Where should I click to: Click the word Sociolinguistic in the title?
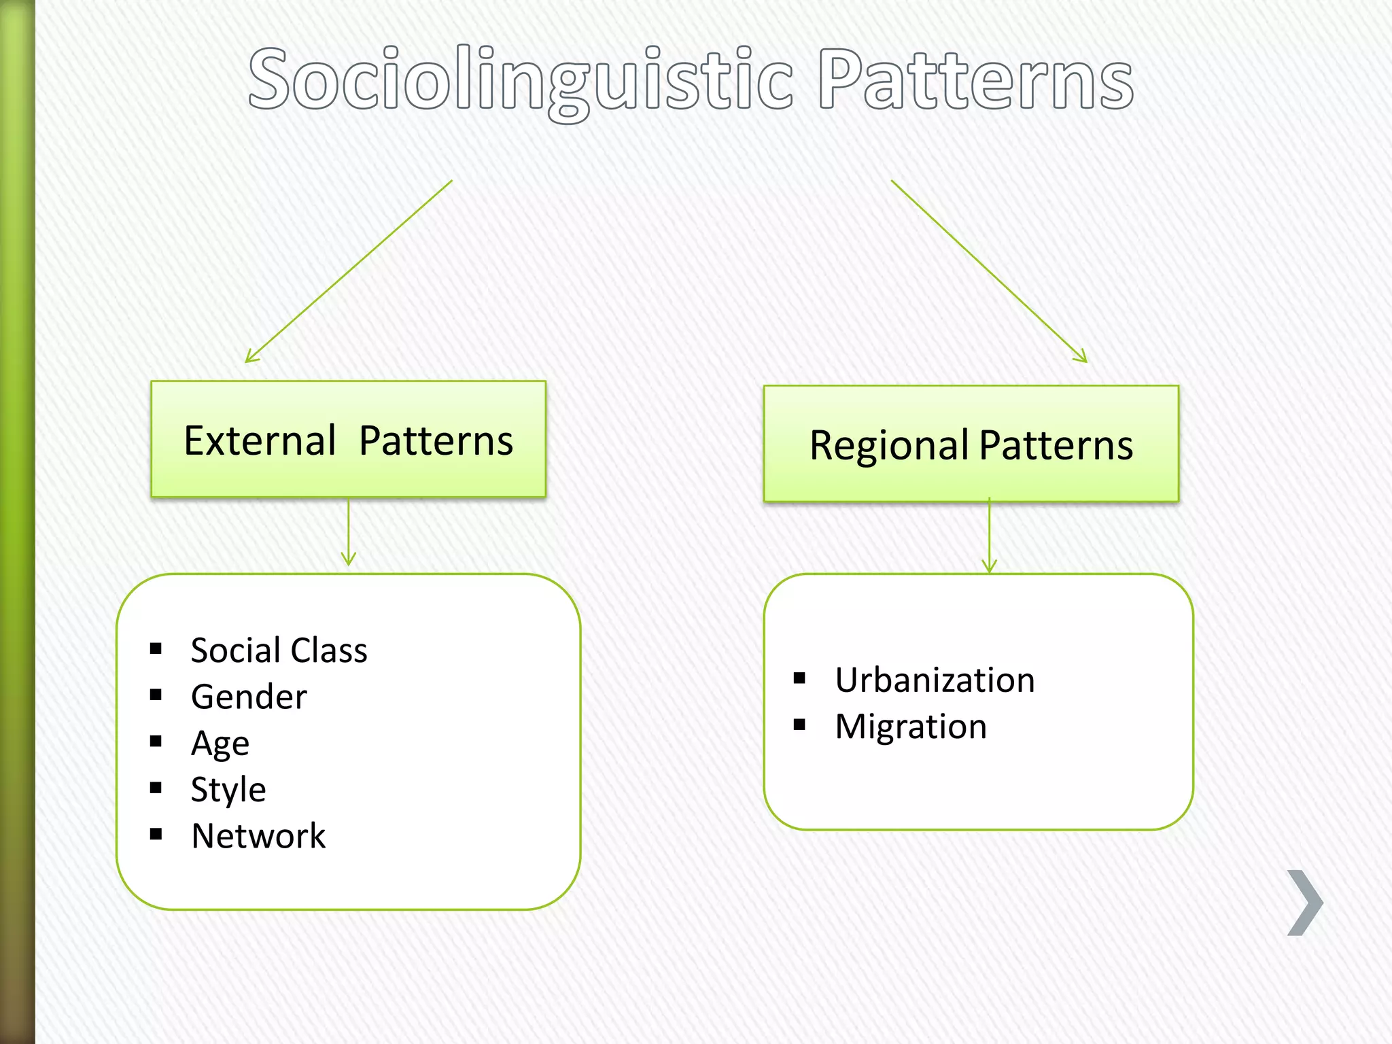520,80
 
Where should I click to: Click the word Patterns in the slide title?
975,80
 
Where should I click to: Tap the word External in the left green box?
260,440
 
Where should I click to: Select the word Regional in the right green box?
888,446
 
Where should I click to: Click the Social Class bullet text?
279,650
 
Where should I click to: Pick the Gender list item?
249,697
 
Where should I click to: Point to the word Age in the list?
220,744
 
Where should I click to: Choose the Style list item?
228,790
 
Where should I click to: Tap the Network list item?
258,836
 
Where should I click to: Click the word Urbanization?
935,680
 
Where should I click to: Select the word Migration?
911,727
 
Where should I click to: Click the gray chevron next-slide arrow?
1305,903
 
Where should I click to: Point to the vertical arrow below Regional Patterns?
990,537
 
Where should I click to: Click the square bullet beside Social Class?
156,648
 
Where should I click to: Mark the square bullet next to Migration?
799,725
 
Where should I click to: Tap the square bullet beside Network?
156,834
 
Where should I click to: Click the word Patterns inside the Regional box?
1056,446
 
